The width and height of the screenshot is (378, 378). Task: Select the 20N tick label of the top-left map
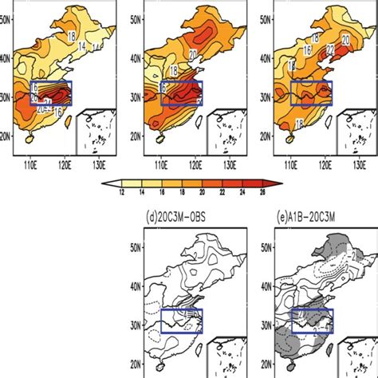[7, 136]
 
